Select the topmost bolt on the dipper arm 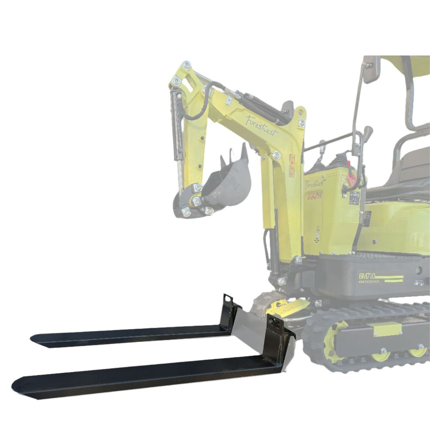pyautogui.click(x=186, y=65)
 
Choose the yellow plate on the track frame pyautogui.click(x=387, y=329)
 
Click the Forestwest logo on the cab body pyautogui.click(x=315, y=184)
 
